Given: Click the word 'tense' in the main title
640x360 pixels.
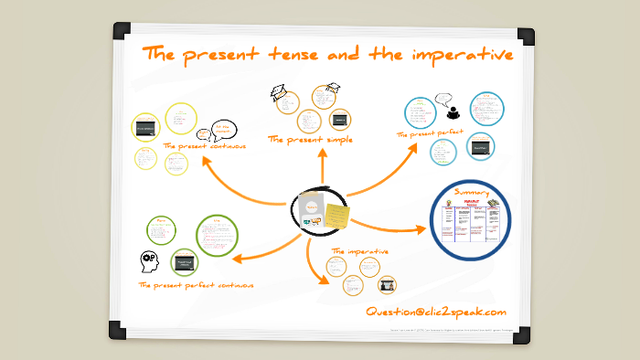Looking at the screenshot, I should (x=293, y=55).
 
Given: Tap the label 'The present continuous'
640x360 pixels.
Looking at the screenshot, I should (x=204, y=145).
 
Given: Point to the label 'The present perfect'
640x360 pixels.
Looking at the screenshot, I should (x=430, y=133).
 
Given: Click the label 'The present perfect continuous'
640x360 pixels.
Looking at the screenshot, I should (x=196, y=285).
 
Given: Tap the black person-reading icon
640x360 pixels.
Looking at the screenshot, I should (x=453, y=113).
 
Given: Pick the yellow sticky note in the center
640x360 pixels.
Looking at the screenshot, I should (x=336, y=215).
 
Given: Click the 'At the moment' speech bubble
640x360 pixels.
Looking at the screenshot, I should (x=224, y=130).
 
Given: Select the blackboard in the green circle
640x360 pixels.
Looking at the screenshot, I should (x=186, y=259).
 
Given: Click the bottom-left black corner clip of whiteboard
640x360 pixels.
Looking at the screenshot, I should (x=117, y=330).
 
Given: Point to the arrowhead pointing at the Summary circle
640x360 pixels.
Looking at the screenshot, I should (x=421, y=228).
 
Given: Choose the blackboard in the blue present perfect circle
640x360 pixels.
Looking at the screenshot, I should (x=481, y=146).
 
